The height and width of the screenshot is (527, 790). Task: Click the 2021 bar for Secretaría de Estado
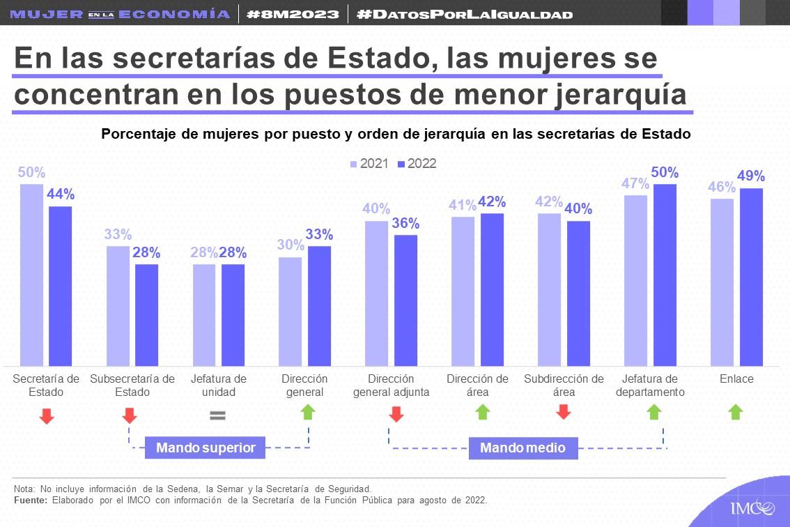coord(31,275)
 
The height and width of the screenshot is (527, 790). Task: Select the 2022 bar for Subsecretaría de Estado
coord(146,315)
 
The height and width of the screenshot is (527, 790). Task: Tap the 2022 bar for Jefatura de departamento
coord(665,275)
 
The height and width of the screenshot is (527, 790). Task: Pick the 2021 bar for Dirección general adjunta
coord(376,293)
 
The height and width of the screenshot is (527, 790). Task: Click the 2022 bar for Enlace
coord(751,277)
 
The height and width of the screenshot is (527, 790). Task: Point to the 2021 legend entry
coord(369,164)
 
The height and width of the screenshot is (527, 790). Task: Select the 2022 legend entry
coord(417,164)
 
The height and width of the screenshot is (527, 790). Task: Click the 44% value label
coord(61,194)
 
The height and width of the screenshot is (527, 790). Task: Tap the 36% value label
coord(405,223)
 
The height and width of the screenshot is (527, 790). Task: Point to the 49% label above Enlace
coord(751,176)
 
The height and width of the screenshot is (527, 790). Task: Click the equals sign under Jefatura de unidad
coord(218,415)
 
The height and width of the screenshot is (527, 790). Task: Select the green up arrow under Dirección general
coord(308,412)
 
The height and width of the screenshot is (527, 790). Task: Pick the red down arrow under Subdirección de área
coord(564,412)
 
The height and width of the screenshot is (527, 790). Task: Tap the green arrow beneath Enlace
coord(736,412)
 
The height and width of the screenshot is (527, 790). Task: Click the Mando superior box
coord(206,448)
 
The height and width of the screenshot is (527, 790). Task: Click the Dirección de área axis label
coord(477,385)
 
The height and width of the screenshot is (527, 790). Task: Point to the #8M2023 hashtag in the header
coord(294,14)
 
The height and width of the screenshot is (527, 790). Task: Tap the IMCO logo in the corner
coord(752,507)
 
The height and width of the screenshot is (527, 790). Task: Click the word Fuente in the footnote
coord(31,501)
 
